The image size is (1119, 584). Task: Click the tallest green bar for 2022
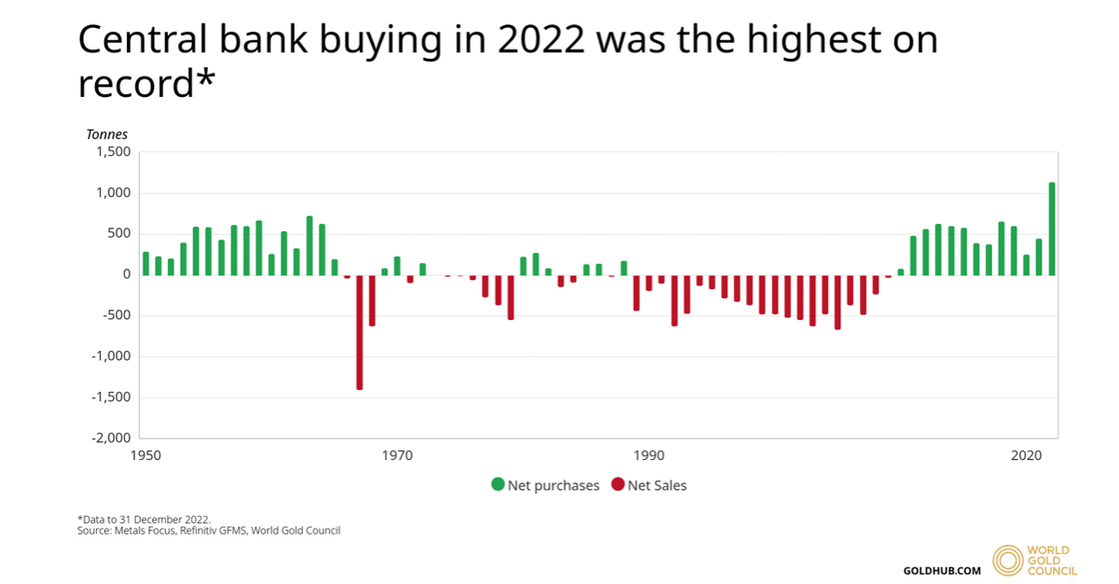point(1052,229)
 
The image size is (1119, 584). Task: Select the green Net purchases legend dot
point(498,485)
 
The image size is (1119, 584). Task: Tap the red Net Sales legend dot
point(617,485)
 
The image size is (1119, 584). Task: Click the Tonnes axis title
point(107,134)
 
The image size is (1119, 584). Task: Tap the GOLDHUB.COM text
point(942,570)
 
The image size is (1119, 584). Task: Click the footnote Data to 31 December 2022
point(144,519)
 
